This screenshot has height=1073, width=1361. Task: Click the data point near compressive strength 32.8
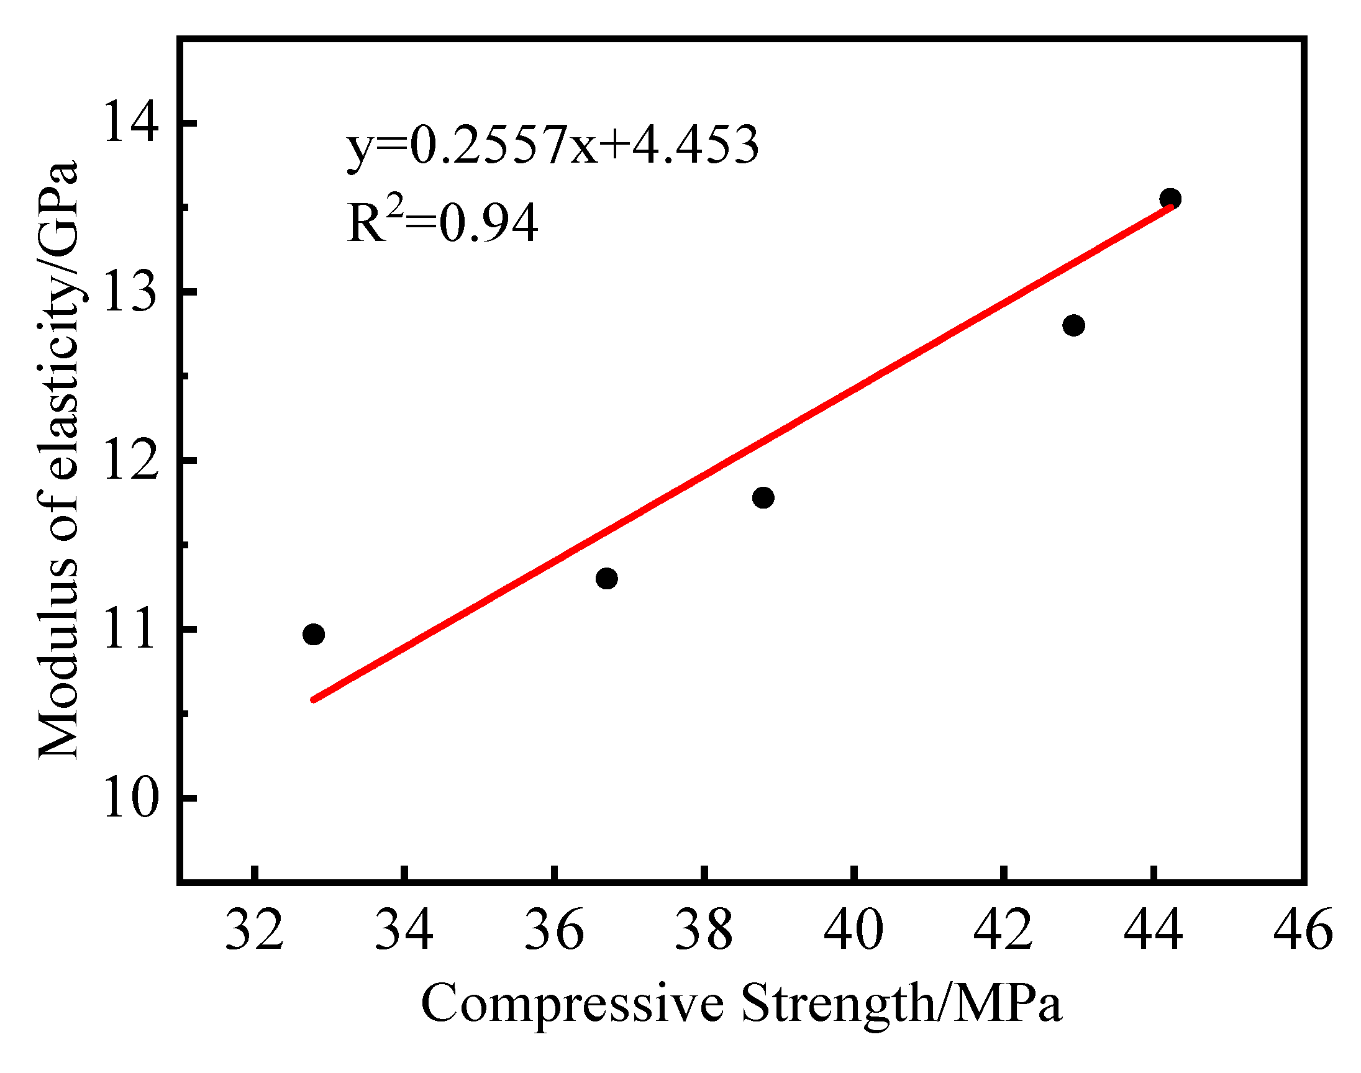point(314,635)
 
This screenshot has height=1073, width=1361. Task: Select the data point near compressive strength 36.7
point(606,578)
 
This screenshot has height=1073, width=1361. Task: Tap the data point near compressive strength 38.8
point(763,497)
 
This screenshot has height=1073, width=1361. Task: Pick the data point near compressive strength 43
point(1074,325)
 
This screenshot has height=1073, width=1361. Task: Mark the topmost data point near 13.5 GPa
point(1170,199)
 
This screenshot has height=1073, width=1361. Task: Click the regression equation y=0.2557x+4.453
point(553,145)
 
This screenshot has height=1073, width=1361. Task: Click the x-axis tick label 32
point(255,930)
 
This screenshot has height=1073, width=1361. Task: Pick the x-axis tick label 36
point(553,930)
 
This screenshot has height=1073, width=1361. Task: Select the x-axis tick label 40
point(853,930)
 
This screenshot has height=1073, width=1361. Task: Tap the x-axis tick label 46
point(1303,930)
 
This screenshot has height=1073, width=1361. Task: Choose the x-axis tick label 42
point(1003,930)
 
